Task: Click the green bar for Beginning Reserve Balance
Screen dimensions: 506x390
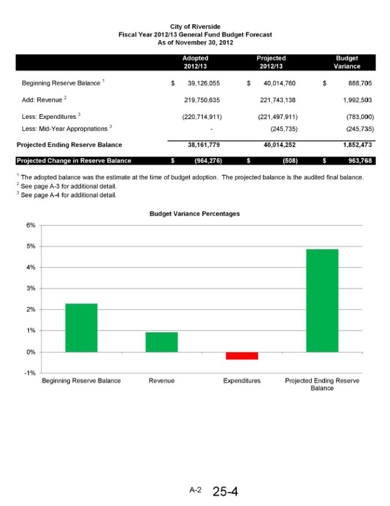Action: pos(81,327)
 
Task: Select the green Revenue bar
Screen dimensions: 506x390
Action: pos(161,342)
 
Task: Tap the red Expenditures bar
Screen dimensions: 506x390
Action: pos(242,356)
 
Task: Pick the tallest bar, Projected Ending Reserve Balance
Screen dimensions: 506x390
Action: pos(322,300)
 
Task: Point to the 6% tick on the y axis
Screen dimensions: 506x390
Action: pos(31,225)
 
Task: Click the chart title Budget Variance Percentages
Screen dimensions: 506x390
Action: pos(194,213)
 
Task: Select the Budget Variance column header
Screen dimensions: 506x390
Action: pos(347,62)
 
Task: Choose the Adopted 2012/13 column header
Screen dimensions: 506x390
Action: pos(195,62)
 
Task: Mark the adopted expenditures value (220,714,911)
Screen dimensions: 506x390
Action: pos(197,116)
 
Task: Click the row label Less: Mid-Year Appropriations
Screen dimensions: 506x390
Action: pos(66,128)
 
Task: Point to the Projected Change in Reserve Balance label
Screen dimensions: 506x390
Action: pos(73,160)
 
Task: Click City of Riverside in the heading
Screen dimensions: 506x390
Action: pos(195,27)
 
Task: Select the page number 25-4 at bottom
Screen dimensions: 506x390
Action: pos(225,492)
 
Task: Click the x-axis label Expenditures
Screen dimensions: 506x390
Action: pos(242,381)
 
